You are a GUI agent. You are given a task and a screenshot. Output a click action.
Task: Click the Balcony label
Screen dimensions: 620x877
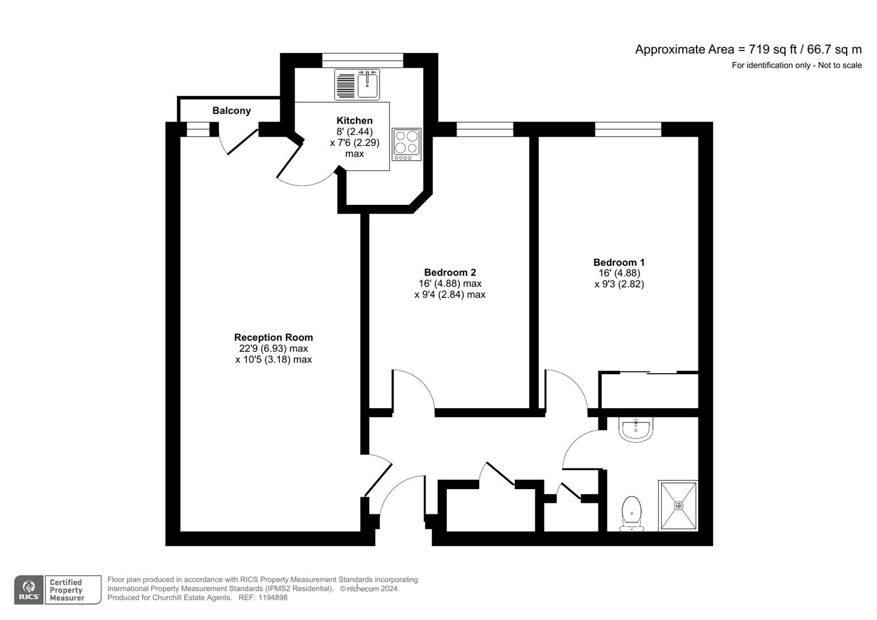click(x=231, y=111)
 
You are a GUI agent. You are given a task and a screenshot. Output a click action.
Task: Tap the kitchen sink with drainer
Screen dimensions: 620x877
click(x=357, y=85)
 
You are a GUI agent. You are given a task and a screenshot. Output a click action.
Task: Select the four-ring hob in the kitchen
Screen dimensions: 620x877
click(x=407, y=144)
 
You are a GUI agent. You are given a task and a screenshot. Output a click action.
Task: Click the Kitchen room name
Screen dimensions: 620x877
click(x=354, y=121)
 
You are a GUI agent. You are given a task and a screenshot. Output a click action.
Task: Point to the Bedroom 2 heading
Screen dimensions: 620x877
click(x=450, y=273)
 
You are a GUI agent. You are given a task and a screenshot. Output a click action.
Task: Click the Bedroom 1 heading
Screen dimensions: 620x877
click(x=619, y=262)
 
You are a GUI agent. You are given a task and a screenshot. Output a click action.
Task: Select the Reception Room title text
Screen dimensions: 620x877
click(x=273, y=338)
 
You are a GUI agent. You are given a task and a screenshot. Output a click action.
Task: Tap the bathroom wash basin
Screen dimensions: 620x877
click(x=636, y=429)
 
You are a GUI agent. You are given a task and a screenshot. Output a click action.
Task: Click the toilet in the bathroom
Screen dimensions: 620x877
click(x=632, y=513)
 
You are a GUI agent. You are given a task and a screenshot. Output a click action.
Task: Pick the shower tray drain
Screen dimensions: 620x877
click(x=678, y=506)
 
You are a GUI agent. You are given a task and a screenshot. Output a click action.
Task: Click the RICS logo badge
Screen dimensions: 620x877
click(x=28, y=590)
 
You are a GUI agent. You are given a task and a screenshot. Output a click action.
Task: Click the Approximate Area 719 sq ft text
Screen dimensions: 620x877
click(x=748, y=49)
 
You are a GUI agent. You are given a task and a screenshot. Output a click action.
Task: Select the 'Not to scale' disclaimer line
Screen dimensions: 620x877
click(x=796, y=65)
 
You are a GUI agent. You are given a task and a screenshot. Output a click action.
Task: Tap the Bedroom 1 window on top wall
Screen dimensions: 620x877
click(x=628, y=129)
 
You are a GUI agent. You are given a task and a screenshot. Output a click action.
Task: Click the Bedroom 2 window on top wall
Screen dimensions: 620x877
click(x=485, y=129)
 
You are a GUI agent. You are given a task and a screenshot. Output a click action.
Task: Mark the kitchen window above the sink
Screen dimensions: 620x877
click(x=362, y=60)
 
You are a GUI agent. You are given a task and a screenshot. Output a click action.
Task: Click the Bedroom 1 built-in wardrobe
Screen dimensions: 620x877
click(x=649, y=391)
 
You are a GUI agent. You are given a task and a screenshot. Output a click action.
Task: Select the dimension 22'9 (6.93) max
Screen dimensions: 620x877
click(x=273, y=348)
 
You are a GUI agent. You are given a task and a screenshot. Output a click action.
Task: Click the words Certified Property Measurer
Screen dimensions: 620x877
click(x=67, y=590)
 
